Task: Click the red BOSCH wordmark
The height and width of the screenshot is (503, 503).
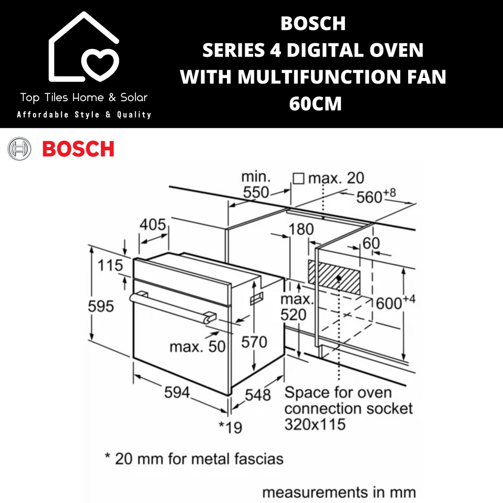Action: (78, 149)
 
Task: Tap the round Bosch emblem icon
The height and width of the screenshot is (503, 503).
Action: (19, 148)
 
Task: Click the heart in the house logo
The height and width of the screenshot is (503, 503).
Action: (100, 64)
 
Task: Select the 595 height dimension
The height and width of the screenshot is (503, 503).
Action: (101, 307)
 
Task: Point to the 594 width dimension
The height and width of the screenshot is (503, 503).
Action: (177, 392)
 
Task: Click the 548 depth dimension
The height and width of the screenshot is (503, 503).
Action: (257, 395)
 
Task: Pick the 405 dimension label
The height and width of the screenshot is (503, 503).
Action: (153, 224)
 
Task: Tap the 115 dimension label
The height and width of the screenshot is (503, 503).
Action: (110, 265)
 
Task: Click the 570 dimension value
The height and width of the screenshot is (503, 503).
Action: (254, 342)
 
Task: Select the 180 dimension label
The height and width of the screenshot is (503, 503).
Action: (301, 229)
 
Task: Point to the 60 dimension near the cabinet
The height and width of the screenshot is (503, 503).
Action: (371, 243)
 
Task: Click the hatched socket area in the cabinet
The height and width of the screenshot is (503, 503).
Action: (334, 277)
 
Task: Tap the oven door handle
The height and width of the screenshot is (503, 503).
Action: (172, 307)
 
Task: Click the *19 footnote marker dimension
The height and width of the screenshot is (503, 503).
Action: (230, 427)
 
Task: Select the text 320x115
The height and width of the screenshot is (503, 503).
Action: (315, 424)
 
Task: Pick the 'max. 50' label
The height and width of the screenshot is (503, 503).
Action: (197, 346)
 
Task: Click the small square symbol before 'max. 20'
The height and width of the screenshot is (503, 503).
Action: (298, 179)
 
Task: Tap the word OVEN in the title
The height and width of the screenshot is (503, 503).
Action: (396, 50)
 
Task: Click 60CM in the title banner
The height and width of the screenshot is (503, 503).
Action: (315, 104)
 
